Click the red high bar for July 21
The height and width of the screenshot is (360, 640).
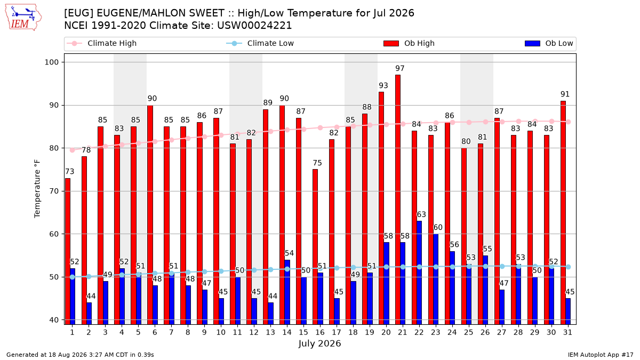coord(398,199)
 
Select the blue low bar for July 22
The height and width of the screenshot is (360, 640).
coord(419,273)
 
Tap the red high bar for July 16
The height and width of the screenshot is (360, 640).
coord(315,247)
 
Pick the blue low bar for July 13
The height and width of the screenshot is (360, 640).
coord(270,314)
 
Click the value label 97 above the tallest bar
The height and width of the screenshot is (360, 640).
coord(400,69)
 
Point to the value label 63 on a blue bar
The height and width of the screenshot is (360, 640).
coord(421,214)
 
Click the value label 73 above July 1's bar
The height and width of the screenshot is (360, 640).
coord(70,172)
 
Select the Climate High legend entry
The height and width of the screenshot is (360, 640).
coord(102,43)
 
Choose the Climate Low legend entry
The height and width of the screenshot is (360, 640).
coord(260,43)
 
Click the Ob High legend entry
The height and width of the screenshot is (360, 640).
coord(409,43)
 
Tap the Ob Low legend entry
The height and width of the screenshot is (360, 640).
coord(549,43)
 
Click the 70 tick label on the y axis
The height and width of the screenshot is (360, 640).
coord(54,191)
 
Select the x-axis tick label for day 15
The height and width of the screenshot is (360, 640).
coord(303,333)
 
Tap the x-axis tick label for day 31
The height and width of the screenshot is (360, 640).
coord(567,333)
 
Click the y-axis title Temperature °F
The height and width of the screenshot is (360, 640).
coord(37,189)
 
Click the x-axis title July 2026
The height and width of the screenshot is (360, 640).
coord(319,343)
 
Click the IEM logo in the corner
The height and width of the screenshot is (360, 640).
coord(23,18)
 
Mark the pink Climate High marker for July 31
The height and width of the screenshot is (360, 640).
coord(569,122)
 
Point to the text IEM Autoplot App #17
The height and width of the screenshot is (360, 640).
coord(601,355)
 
